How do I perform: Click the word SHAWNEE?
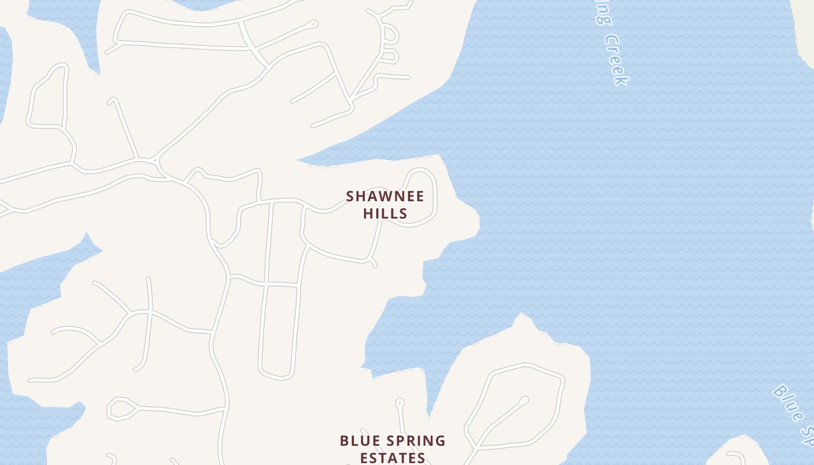385,196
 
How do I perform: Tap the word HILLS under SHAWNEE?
385,214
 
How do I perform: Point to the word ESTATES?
392,458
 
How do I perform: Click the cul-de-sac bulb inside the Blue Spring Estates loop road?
524,400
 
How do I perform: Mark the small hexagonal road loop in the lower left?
122,409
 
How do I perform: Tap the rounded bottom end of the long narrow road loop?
276,375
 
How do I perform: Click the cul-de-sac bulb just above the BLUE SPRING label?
399,402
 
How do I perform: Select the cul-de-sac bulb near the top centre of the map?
313,24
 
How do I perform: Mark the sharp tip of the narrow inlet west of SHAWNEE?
300,159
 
